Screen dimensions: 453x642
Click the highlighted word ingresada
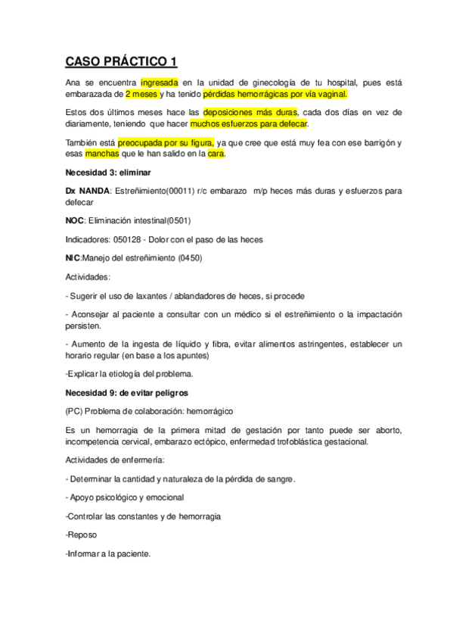click(x=160, y=82)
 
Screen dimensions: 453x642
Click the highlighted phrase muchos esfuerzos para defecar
click(x=249, y=124)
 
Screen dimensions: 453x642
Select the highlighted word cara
click(x=216, y=154)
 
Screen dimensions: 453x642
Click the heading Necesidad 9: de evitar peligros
click(x=127, y=393)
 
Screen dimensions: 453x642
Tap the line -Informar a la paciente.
click(x=108, y=553)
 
